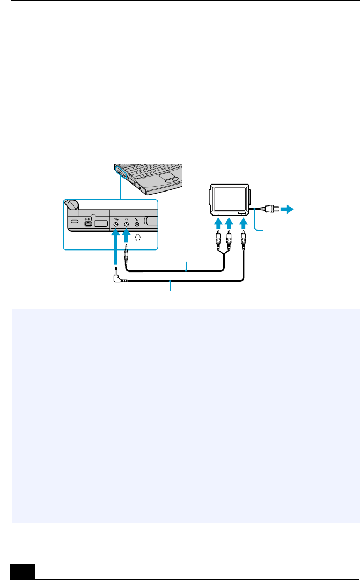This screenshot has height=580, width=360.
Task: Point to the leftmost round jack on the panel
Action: (x=116, y=226)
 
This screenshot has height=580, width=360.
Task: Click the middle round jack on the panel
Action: (x=127, y=226)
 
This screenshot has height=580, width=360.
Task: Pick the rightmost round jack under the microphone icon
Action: (x=137, y=226)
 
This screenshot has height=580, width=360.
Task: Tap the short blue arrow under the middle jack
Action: (x=127, y=236)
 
